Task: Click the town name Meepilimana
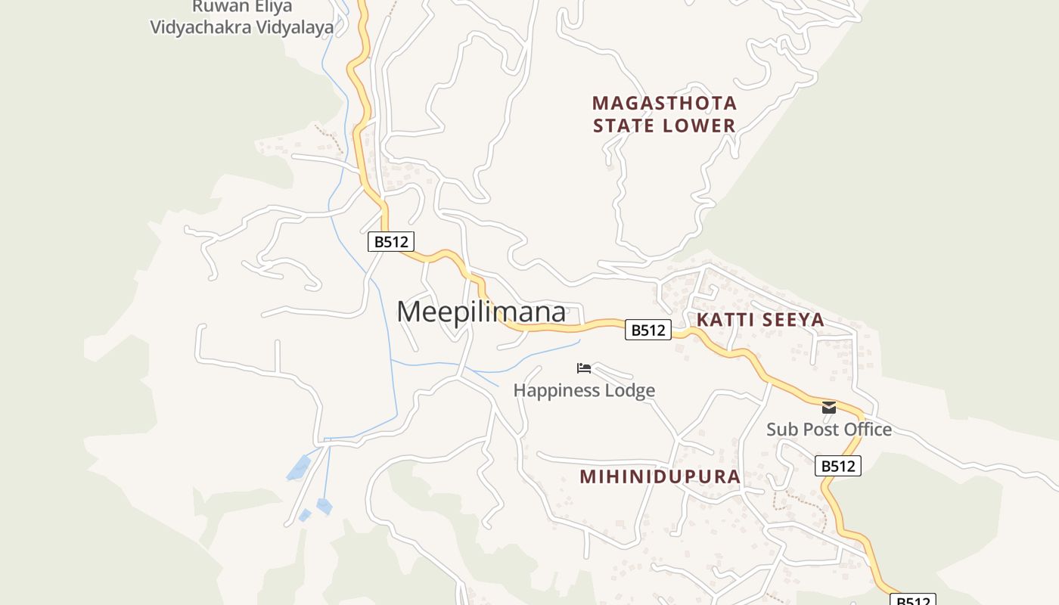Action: point(481,312)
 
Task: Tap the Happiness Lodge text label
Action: point(584,390)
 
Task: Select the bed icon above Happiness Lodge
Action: point(583,368)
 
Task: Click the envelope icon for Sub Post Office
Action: point(829,408)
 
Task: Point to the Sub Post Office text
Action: point(829,430)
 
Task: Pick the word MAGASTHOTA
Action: point(664,103)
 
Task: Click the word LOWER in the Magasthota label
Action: point(702,126)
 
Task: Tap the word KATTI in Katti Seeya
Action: point(725,320)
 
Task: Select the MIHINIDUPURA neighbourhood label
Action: point(660,476)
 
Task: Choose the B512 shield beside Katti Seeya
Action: point(648,330)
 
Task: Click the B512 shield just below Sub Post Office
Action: point(838,466)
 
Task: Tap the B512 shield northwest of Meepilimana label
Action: point(391,242)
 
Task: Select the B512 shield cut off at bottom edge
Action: point(913,600)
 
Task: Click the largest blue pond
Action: point(299,467)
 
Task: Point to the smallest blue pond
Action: point(305,515)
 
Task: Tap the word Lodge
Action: point(626,390)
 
